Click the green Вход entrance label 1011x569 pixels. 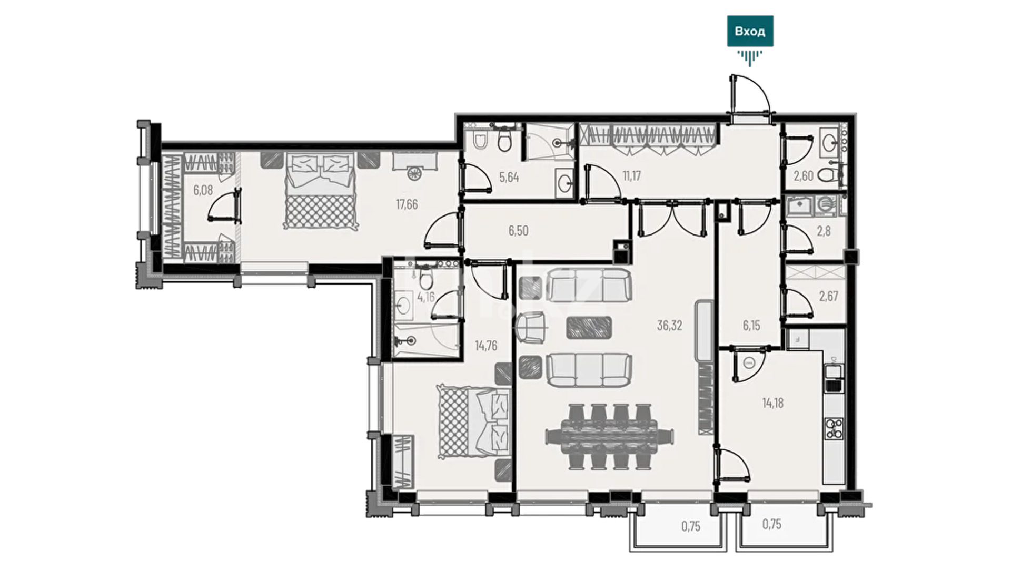(750, 31)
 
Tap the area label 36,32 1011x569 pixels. (669, 326)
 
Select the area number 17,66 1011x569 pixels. (407, 204)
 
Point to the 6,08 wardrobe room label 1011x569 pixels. (203, 190)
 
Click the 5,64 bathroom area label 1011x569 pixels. (509, 177)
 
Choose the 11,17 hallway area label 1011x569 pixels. (631, 176)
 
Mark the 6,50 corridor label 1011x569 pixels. (518, 231)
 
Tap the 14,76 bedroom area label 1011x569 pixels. (486, 346)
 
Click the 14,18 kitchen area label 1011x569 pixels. (772, 404)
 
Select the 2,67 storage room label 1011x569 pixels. (828, 296)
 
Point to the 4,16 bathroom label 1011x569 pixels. (425, 297)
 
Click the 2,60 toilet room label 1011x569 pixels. (804, 176)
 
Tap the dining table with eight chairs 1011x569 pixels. (610, 436)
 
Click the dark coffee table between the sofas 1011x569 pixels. (589, 327)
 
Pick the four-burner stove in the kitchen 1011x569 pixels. (834, 428)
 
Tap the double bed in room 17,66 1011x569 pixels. (321, 191)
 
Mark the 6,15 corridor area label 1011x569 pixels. (751, 326)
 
